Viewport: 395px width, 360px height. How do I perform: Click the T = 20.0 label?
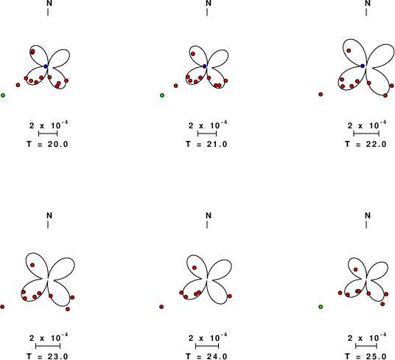click(x=47, y=144)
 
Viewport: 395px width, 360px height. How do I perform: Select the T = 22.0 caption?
click(x=366, y=144)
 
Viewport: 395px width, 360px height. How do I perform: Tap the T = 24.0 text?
click(x=206, y=356)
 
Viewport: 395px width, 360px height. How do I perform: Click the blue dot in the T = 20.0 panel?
click(x=46, y=66)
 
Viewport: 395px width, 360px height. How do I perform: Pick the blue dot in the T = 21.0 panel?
click(x=205, y=66)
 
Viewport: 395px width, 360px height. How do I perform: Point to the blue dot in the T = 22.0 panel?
click(x=363, y=66)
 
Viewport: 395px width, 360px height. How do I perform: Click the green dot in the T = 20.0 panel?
click(x=3, y=95)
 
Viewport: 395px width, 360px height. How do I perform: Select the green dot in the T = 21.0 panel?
click(x=162, y=95)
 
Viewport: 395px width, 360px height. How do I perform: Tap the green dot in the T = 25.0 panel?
click(x=321, y=307)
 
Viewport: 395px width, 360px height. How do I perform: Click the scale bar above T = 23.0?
click(x=48, y=346)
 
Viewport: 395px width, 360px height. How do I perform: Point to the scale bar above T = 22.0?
click(x=366, y=134)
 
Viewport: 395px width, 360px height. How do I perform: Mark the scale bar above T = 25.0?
click(x=366, y=346)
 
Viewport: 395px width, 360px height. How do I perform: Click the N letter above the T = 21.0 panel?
click(x=209, y=3)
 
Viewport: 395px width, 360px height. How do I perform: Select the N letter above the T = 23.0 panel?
click(x=49, y=215)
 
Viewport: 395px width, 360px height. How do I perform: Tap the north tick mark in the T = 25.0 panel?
click(x=366, y=224)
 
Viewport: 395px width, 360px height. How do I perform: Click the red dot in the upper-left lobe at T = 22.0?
click(x=349, y=51)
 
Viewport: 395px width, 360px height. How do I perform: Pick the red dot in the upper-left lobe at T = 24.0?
click(x=195, y=268)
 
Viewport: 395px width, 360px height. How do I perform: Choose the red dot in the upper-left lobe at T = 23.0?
click(x=32, y=265)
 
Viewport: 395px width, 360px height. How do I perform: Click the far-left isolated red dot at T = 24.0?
click(x=161, y=307)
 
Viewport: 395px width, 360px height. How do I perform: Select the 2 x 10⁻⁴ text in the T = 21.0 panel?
click(x=208, y=125)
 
